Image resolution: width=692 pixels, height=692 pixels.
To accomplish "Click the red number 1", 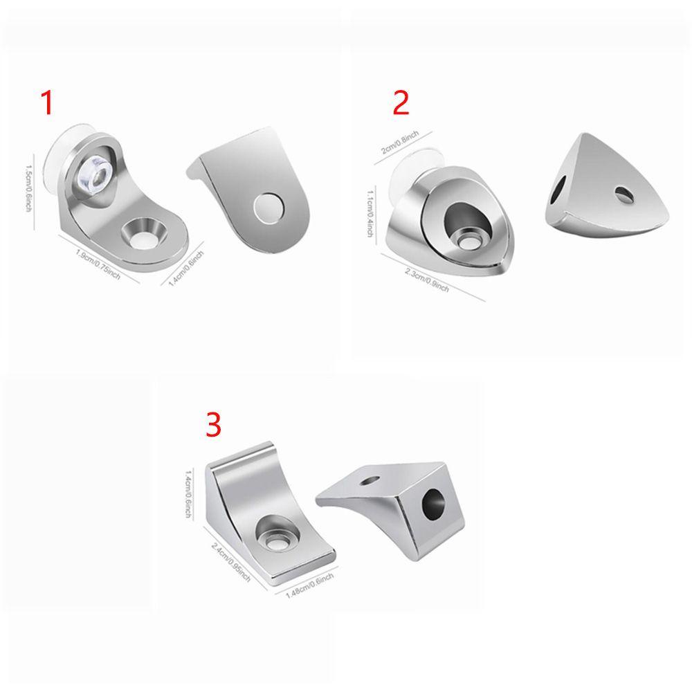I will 47,103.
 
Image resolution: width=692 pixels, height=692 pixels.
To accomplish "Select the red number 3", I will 213,426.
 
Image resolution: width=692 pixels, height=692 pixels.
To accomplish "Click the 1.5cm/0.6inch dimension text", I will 28,187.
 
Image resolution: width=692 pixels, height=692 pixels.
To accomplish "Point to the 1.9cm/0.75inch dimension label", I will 98,264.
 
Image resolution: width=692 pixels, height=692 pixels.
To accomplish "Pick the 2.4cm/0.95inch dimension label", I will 230,562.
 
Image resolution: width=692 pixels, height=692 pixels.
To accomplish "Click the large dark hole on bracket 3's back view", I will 435,503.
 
